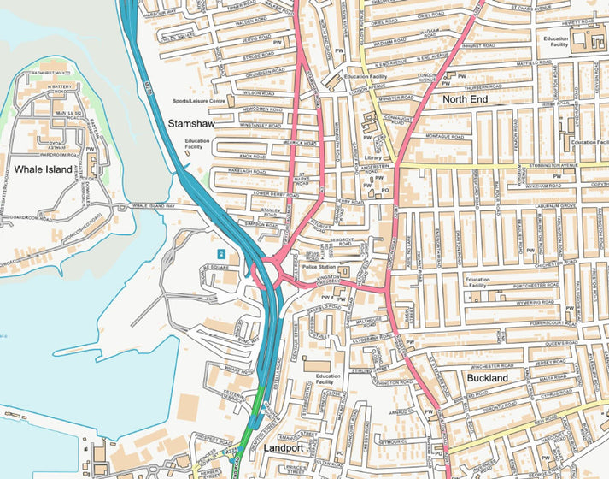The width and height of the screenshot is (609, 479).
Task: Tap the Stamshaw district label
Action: click(191, 124)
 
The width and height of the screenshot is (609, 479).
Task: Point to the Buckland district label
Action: click(488, 377)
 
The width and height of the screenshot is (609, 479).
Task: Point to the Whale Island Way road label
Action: click(153, 206)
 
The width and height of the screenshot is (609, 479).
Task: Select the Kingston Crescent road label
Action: click(325, 281)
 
